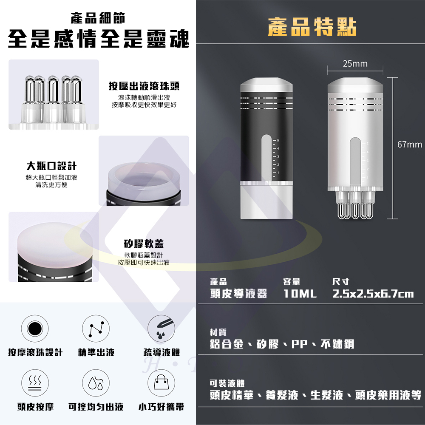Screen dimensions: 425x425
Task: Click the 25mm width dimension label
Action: coord(355,64)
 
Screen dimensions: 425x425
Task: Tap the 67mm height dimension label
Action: coord(410,144)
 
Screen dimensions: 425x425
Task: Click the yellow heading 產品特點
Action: coord(312,27)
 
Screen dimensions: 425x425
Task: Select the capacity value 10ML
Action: coord(300,294)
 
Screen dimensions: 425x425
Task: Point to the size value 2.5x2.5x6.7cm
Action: coord(373,294)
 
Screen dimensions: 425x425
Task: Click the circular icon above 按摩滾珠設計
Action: coord(35,329)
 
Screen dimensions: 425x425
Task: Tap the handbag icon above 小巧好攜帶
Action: coord(161,383)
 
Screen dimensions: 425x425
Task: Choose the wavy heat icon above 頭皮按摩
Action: coord(35,383)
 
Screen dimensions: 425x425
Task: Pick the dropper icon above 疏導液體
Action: coord(161,329)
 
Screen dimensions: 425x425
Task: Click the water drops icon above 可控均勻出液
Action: coord(96,383)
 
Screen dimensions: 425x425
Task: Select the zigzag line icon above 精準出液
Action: coord(96,329)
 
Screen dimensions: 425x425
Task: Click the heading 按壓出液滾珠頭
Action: coord(144,86)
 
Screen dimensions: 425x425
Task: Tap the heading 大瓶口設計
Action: coord(51,166)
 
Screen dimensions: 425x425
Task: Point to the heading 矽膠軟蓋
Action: coord(144,244)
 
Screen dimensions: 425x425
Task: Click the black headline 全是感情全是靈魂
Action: coord(99,39)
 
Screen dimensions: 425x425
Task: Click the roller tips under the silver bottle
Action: coord(355,205)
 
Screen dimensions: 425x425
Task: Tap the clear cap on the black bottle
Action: coord(266,200)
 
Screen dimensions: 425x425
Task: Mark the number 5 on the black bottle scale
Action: coord(278,140)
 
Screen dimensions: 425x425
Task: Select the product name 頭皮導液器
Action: coord(238,294)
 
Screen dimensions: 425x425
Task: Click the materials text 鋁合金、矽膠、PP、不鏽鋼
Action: coord(282,344)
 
